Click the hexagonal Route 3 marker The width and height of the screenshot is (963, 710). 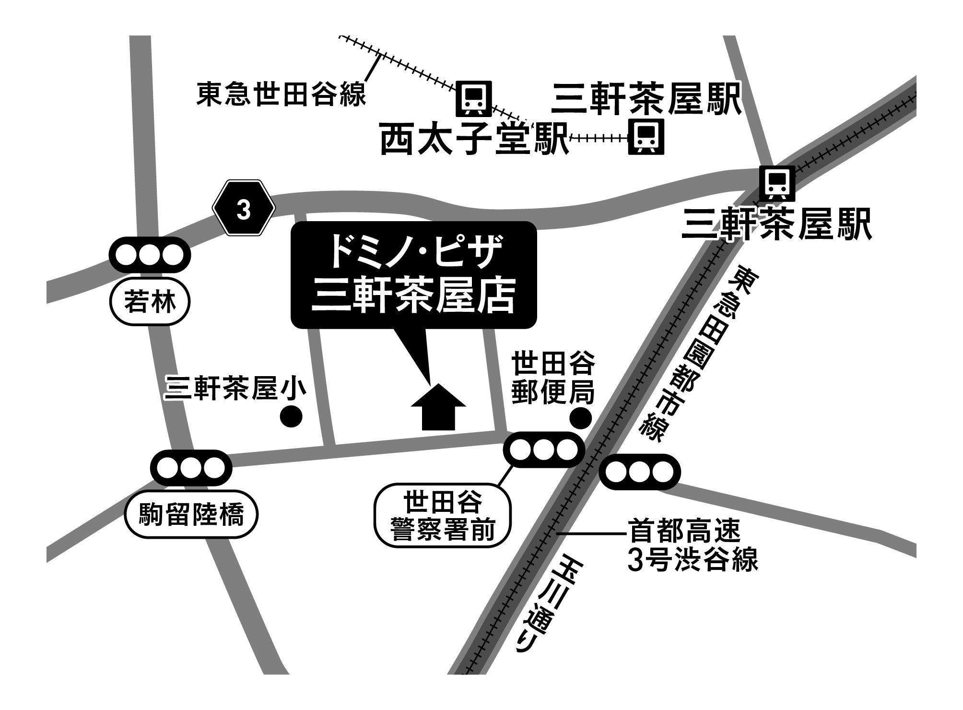pyautogui.click(x=244, y=208)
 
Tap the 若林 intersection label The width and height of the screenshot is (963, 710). pyautogui.click(x=150, y=303)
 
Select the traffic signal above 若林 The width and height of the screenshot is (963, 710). pyautogui.click(x=150, y=255)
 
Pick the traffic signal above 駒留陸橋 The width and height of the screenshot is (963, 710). pyautogui.click(x=191, y=467)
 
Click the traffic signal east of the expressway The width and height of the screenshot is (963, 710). pyautogui.click(x=640, y=472)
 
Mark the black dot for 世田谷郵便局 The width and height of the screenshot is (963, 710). pyautogui.click(x=580, y=418)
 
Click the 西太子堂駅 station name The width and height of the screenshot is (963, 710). pyautogui.click(x=474, y=139)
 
